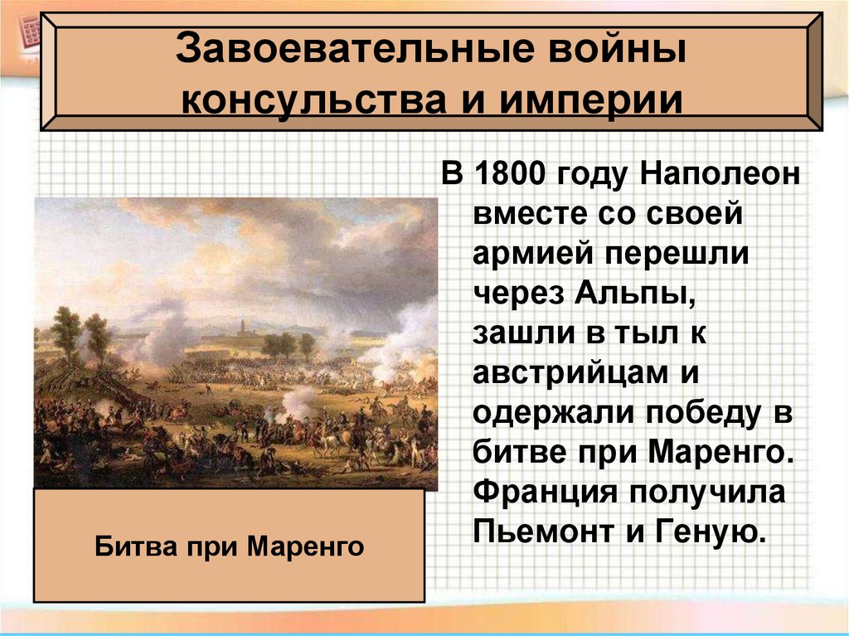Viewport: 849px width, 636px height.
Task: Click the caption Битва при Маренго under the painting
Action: (230, 546)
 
